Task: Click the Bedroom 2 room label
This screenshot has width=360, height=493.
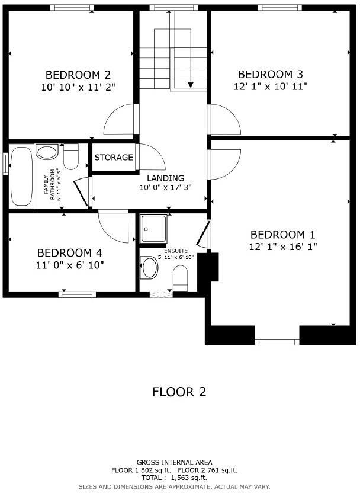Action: [78, 75]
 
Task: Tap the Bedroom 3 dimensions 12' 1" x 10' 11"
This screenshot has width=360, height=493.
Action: [270, 86]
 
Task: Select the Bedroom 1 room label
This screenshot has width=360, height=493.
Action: [282, 235]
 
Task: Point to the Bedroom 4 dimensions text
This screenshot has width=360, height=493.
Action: [70, 265]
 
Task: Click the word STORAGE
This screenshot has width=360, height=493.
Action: [114, 157]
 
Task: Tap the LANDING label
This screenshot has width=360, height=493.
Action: [166, 178]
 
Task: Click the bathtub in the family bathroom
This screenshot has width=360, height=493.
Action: [21, 176]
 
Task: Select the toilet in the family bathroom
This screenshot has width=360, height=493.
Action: [70, 156]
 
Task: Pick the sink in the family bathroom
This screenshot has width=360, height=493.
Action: [47, 152]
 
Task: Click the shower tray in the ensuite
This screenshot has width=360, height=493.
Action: [153, 229]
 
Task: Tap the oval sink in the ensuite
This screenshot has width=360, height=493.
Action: [149, 267]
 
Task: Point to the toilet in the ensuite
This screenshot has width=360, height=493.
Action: [181, 278]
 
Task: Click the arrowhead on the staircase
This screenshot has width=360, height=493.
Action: [191, 85]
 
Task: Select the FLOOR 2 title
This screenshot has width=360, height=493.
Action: [179, 392]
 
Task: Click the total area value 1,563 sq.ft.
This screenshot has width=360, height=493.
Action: [189, 478]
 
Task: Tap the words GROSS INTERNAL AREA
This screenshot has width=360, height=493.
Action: [174, 462]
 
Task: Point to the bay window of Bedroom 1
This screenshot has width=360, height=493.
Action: [277, 342]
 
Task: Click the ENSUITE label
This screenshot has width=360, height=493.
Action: [176, 251]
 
